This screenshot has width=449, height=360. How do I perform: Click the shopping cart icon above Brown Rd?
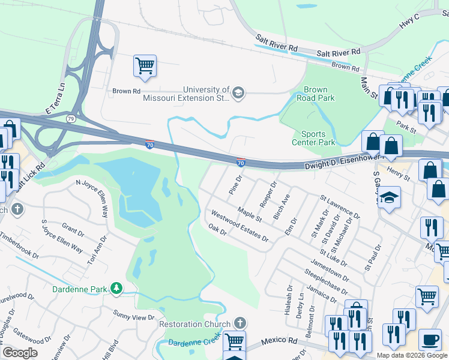(145, 65)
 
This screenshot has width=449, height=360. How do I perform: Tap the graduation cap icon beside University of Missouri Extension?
(238, 92)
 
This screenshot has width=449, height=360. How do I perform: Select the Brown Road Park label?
(315, 94)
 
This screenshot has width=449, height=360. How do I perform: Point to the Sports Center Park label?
(313, 138)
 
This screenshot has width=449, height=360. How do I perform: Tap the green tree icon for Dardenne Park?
(116, 289)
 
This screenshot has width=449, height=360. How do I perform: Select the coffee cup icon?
(430, 339)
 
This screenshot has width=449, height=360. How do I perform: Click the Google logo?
(19, 353)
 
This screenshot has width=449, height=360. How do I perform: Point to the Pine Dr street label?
(235, 185)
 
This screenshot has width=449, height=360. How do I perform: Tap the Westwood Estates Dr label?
(240, 226)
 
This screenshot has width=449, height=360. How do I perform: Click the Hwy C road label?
(411, 23)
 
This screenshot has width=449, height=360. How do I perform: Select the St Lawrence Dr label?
(340, 205)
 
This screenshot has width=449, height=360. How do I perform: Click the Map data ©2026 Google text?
(412, 355)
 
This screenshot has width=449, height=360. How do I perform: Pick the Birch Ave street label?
(282, 206)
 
